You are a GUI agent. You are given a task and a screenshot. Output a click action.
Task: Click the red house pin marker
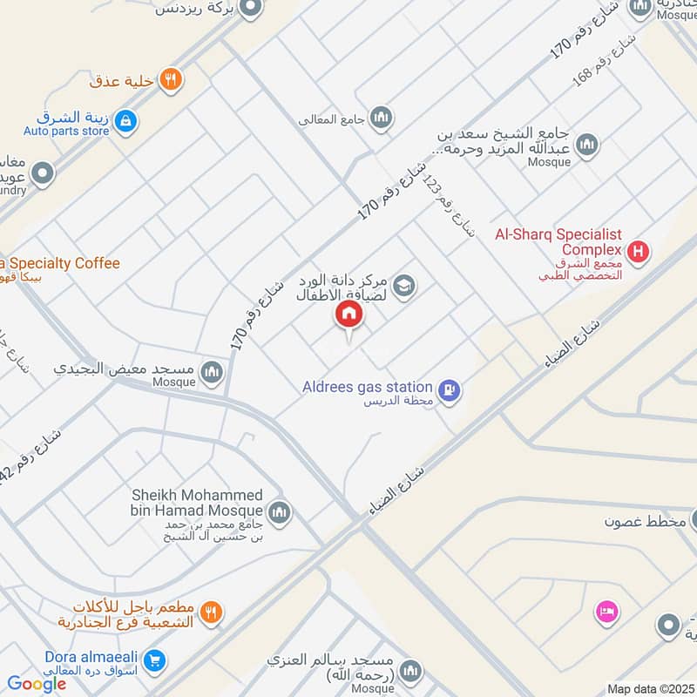[x=349, y=315]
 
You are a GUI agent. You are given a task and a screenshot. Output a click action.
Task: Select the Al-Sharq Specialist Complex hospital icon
[x=639, y=253]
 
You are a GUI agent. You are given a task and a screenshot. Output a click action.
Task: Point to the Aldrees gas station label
[x=368, y=387]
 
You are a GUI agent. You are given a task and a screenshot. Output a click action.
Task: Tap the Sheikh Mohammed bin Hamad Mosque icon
[x=279, y=511]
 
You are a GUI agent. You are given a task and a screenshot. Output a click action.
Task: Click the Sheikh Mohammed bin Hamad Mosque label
[x=197, y=502]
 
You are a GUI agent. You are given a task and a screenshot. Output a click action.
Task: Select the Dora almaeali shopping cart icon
[x=156, y=661]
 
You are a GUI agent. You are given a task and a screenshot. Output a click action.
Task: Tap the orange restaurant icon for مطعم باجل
[x=210, y=613]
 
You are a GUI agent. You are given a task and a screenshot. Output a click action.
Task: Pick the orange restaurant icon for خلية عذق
[x=172, y=80]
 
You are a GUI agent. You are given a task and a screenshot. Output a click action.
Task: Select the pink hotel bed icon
[x=607, y=612]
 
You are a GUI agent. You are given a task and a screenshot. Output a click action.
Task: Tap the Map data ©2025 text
[x=651, y=689]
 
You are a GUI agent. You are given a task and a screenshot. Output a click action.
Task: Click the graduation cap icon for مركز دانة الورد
[x=403, y=285]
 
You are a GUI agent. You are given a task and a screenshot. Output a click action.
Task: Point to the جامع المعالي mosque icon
[x=381, y=118]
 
